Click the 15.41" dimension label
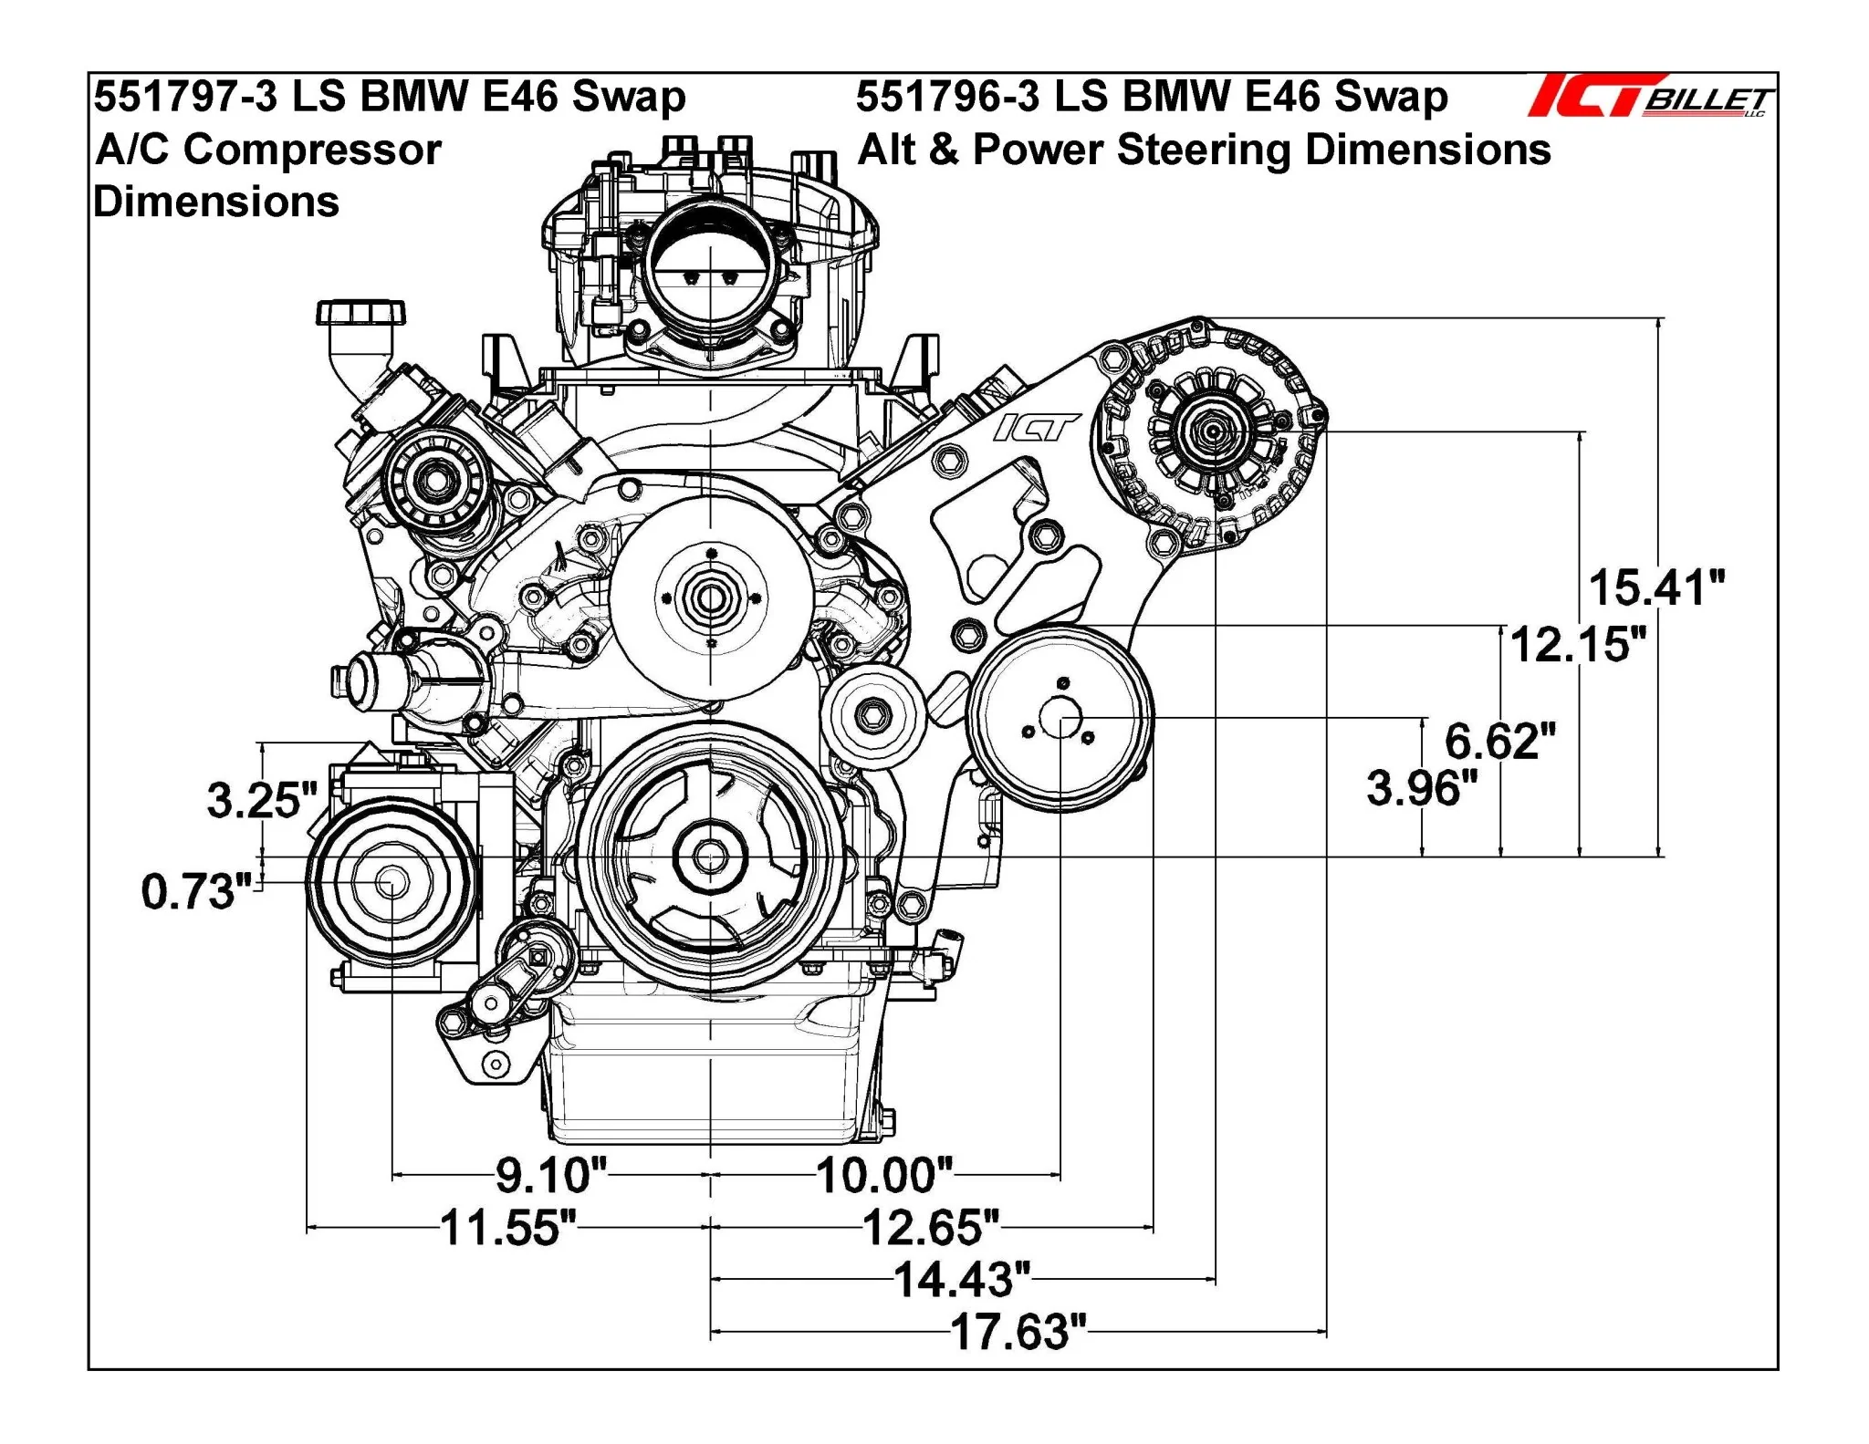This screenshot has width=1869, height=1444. click(1656, 588)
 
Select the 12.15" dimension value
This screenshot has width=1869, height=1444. click(1578, 645)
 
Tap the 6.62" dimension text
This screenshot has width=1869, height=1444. click(1499, 741)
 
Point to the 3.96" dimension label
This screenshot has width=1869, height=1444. click(1421, 788)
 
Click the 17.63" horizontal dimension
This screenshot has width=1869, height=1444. click(1018, 1333)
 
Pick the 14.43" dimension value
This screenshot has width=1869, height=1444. click(961, 1280)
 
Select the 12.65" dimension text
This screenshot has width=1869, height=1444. click(930, 1228)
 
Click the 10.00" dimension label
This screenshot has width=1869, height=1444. click(883, 1176)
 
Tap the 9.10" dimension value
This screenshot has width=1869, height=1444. click(550, 1176)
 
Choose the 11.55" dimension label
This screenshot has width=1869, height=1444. click(508, 1228)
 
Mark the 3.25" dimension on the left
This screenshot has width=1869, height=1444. click(261, 801)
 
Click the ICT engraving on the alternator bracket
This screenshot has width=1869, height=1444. click(1035, 427)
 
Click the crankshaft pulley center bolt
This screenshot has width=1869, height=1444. click(710, 857)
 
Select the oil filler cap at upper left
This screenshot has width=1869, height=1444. click(360, 312)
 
